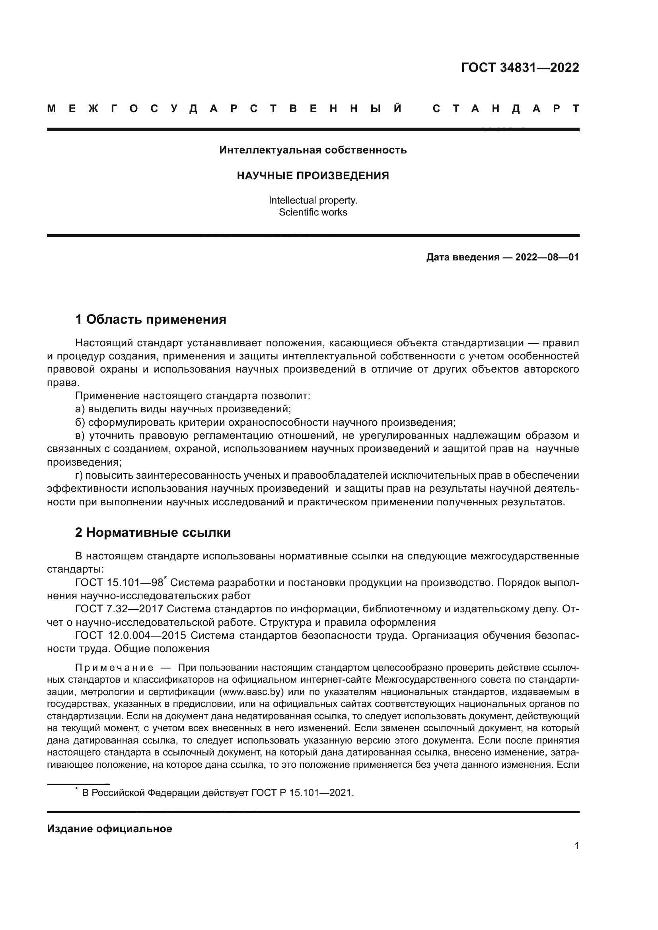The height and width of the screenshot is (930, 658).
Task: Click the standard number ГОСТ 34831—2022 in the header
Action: click(x=520, y=68)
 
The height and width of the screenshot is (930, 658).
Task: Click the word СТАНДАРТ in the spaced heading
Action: click(x=506, y=109)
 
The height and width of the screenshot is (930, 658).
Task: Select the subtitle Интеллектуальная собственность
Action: click(x=313, y=150)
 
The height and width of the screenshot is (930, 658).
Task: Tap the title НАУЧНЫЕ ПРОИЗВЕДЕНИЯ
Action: click(x=313, y=175)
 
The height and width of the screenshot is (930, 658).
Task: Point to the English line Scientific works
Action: click(x=313, y=212)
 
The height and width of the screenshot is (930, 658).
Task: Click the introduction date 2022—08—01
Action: click(x=547, y=257)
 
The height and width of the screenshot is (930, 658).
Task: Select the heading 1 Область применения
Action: click(x=150, y=320)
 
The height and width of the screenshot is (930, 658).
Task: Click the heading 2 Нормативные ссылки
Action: click(x=153, y=533)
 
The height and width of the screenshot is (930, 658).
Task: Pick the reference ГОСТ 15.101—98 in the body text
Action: click(x=119, y=583)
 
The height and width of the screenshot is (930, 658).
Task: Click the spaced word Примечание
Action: click(x=114, y=668)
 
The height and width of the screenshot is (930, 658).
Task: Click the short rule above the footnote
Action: click(x=78, y=784)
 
